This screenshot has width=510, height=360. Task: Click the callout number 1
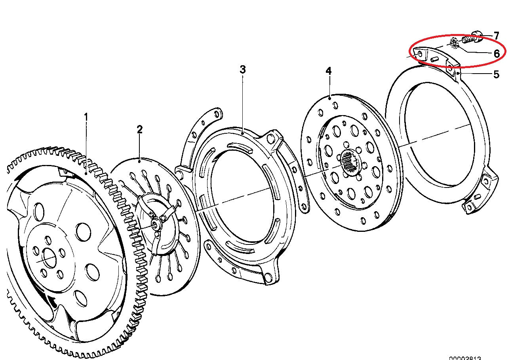[86, 117]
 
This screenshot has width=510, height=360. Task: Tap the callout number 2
[139, 129]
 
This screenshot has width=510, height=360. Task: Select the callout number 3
[242, 70]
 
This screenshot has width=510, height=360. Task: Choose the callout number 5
[496, 74]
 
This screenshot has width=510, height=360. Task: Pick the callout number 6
[496, 53]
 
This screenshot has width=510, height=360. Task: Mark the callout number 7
[496, 36]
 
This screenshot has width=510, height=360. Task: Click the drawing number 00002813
[465, 357]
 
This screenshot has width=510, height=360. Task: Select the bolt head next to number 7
[478, 38]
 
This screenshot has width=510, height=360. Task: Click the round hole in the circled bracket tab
[419, 53]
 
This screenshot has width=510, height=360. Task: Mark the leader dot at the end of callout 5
[457, 73]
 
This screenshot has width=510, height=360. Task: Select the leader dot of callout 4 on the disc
[330, 96]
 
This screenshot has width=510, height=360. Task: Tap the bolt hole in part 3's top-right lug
[270, 138]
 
